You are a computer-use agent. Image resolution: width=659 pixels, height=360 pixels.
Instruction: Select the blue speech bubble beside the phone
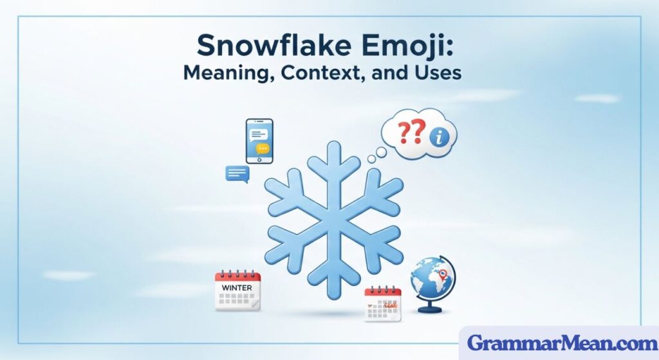pyautogui.click(x=237, y=173)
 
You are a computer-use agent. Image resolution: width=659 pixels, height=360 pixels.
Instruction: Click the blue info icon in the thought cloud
pyautogui.click(x=441, y=138)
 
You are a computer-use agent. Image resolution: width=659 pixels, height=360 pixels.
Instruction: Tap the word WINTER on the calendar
pyautogui.click(x=237, y=287)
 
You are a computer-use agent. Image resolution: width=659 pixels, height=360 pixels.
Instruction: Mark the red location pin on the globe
pyautogui.click(x=443, y=276)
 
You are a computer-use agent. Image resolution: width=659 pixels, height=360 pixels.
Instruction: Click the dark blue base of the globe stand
pyautogui.click(x=430, y=310)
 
